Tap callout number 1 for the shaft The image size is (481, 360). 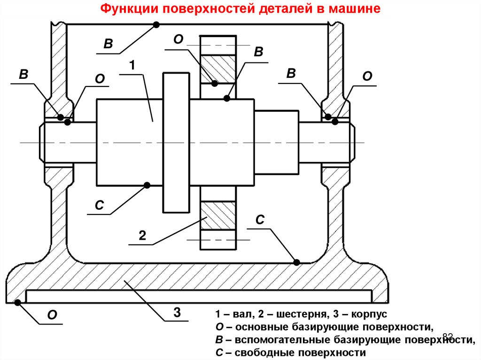[x=132, y=65]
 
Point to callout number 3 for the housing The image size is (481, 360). [x=177, y=312]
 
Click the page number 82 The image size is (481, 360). [x=448, y=337]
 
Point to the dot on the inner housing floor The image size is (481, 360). [x=296, y=262]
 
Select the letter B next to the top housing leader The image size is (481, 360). [x=108, y=44]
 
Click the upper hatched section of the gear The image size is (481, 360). [x=218, y=69]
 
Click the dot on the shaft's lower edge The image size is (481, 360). [x=147, y=185]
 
